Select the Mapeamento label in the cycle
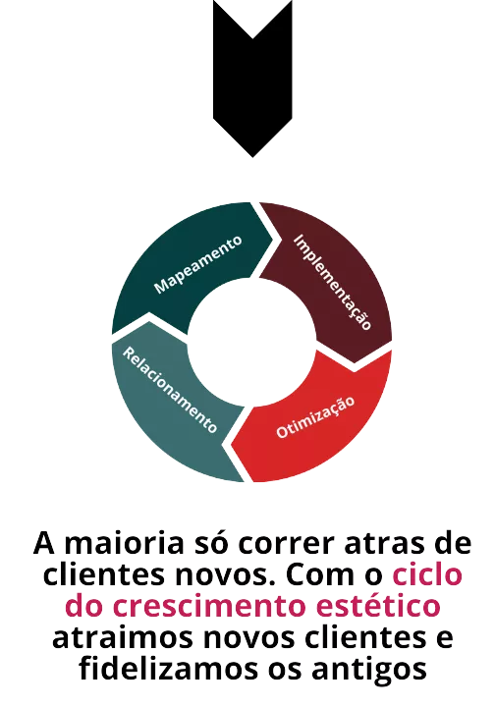[x=198, y=265]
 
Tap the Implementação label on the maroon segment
[x=333, y=282]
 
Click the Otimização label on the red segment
[x=315, y=417]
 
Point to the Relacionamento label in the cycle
[x=170, y=390]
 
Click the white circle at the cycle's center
[x=252, y=342]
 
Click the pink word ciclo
[x=427, y=573]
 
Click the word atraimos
[x=123, y=638]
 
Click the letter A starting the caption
[x=44, y=544]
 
